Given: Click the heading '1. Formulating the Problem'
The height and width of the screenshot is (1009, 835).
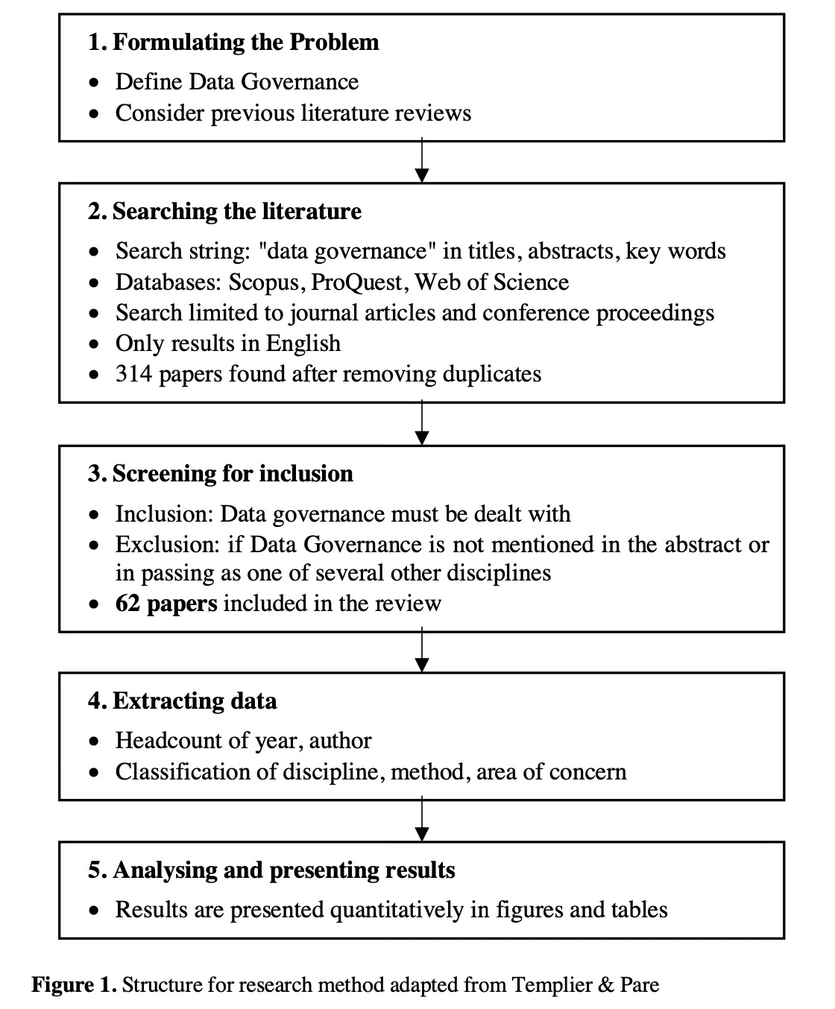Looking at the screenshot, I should click(233, 42).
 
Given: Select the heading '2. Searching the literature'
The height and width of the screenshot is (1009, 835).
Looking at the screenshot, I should click(224, 212).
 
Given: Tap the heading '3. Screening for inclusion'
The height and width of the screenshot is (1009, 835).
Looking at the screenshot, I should click(221, 474).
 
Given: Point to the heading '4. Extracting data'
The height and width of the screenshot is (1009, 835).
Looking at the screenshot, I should click(182, 701).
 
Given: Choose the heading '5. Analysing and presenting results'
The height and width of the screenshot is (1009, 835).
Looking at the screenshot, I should click(271, 870).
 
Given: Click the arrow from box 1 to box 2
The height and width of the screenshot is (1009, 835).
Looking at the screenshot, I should click(422, 162).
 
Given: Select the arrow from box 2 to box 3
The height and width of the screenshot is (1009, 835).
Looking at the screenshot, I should click(422, 424).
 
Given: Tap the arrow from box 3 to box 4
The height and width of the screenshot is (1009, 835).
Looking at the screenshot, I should click(422, 651).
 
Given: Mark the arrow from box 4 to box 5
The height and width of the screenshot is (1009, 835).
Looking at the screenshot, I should click(422, 820).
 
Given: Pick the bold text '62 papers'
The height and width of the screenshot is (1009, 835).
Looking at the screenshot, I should click(166, 603).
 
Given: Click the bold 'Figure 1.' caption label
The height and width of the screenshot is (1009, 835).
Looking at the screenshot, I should click(74, 985).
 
